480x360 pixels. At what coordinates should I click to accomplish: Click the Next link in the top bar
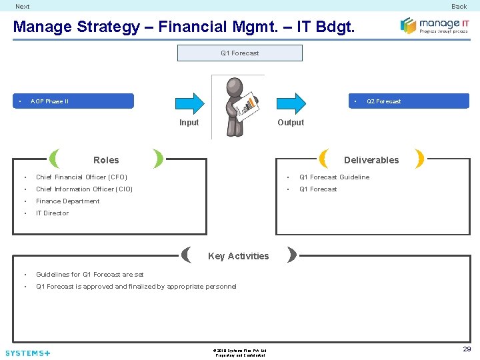coord(23,7)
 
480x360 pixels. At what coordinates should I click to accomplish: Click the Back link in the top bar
coord(459,7)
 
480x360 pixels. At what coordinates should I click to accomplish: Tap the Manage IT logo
coord(434,26)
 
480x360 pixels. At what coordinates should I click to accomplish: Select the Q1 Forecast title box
coord(239,53)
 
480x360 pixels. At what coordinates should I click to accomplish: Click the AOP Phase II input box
coord(73,101)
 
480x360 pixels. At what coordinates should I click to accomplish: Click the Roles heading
coord(106,160)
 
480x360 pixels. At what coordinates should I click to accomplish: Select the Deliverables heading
coord(371,160)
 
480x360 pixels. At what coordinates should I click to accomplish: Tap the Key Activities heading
coord(239,256)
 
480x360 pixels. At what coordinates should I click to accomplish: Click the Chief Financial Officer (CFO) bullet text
coord(81,177)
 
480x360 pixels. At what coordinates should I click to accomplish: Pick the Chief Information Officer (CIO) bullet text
coord(84,189)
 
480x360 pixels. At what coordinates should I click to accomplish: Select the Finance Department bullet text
coord(67,201)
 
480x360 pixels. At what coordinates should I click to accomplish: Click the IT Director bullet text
coord(52,213)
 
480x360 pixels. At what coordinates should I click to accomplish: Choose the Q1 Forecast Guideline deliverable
coord(334,177)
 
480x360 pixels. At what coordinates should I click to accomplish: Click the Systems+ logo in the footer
coord(27,353)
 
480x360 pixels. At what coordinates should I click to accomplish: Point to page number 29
coord(467,349)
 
